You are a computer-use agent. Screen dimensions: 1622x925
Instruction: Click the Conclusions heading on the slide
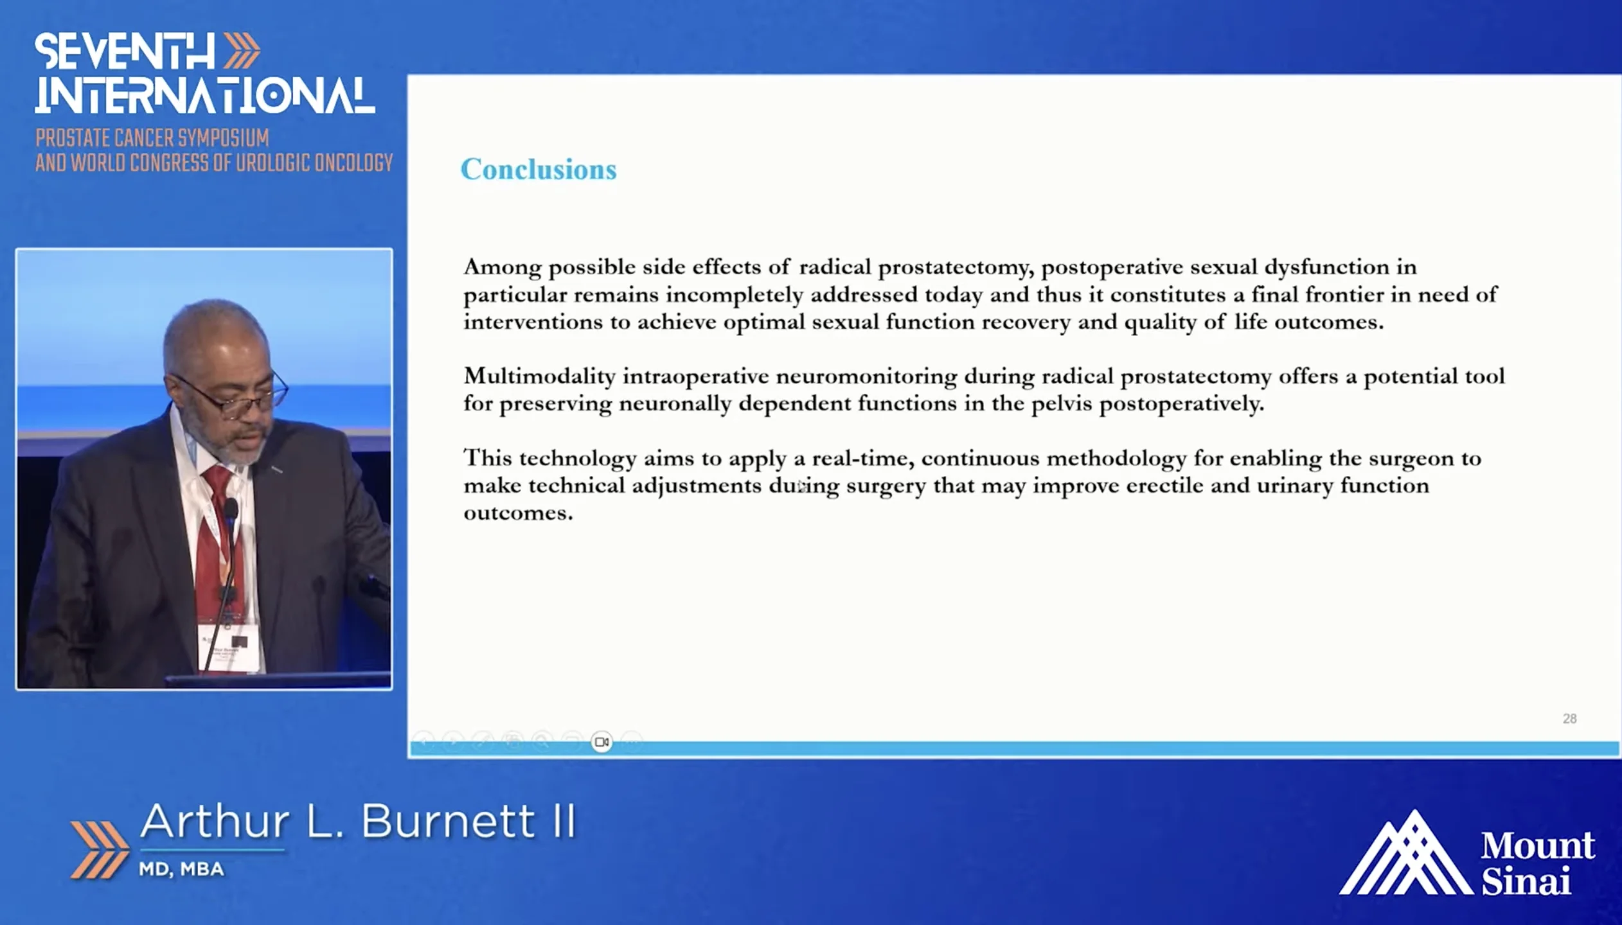[539, 170]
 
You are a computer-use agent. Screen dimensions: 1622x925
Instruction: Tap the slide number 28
[1569, 719]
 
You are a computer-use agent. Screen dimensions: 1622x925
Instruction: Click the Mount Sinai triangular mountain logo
[1406, 852]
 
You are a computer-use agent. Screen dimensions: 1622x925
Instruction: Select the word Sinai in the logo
[1526, 881]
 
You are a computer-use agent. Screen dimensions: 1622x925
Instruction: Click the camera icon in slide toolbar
[602, 743]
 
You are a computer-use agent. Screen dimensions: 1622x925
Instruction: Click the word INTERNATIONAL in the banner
[205, 96]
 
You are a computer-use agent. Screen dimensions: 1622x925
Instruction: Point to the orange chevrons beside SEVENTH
[242, 51]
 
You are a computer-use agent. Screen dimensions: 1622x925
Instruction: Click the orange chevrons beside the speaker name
[99, 849]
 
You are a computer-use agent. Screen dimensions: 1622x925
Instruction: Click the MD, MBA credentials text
[181, 869]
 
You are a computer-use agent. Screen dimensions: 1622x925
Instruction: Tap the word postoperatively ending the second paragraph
[1182, 405]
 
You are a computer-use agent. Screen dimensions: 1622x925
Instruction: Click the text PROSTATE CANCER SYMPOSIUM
[152, 138]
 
